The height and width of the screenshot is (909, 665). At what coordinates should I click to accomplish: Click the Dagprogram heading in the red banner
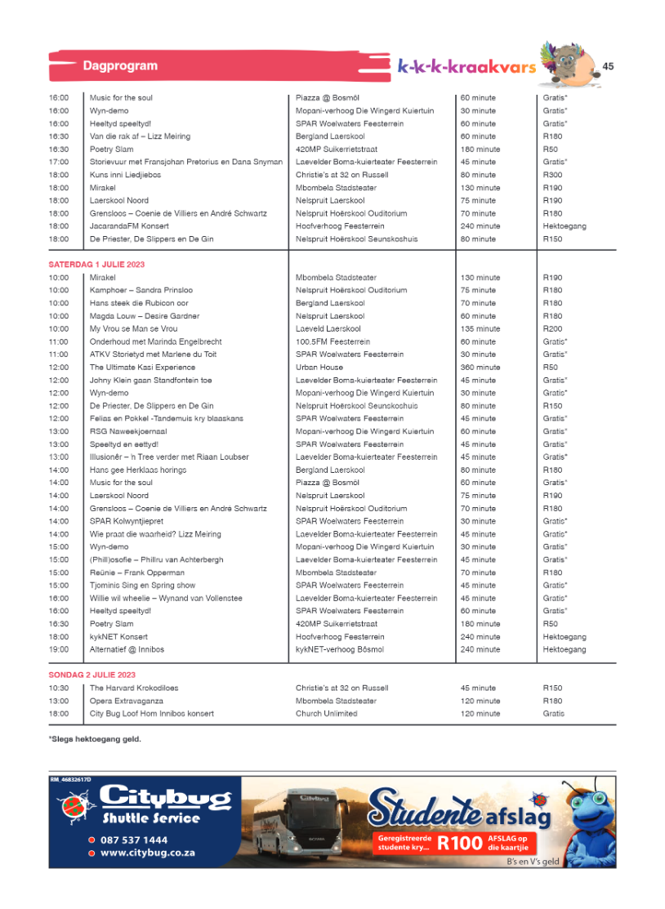pyautogui.click(x=120, y=65)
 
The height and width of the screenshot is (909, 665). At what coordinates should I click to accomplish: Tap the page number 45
pyautogui.click(x=609, y=66)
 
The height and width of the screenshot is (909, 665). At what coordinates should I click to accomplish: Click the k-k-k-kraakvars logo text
pyautogui.click(x=466, y=66)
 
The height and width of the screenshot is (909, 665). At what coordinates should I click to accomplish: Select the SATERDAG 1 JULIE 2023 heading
pyautogui.click(x=96, y=265)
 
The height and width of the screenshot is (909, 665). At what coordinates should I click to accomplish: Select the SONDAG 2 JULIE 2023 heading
pyautogui.click(x=92, y=675)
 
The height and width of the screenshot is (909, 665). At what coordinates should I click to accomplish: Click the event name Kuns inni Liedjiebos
pyautogui.click(x=125, y=175)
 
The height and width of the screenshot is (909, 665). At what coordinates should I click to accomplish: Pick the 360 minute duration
pyautogui.click(x=480, y=368)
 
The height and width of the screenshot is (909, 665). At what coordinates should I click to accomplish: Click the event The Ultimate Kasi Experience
pyautogui.click(x=131, y=368)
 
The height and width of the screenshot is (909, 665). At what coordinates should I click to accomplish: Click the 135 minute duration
pyautogui.click(x=480, y=329)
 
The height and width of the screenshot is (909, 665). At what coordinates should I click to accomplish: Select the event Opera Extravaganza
pyautogui.click(x=127, y=701)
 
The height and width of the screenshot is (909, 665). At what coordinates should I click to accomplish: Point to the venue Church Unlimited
pyautogui.click(x=326, y=714)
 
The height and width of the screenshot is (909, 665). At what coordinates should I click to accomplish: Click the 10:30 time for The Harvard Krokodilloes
pyautogui.click(x=59, y=688)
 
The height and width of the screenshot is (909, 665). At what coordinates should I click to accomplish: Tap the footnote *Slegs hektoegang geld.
pyautogui.click(x=95, y=739)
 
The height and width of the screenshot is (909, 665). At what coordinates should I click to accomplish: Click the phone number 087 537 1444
pyautogui.click(x=134, y=840)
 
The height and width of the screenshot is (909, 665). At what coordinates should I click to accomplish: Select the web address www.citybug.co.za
pyautogui.click(x=147, y=853)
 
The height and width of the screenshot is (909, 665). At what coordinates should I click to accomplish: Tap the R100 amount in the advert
pyautogui.click(x=459, y=844)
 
